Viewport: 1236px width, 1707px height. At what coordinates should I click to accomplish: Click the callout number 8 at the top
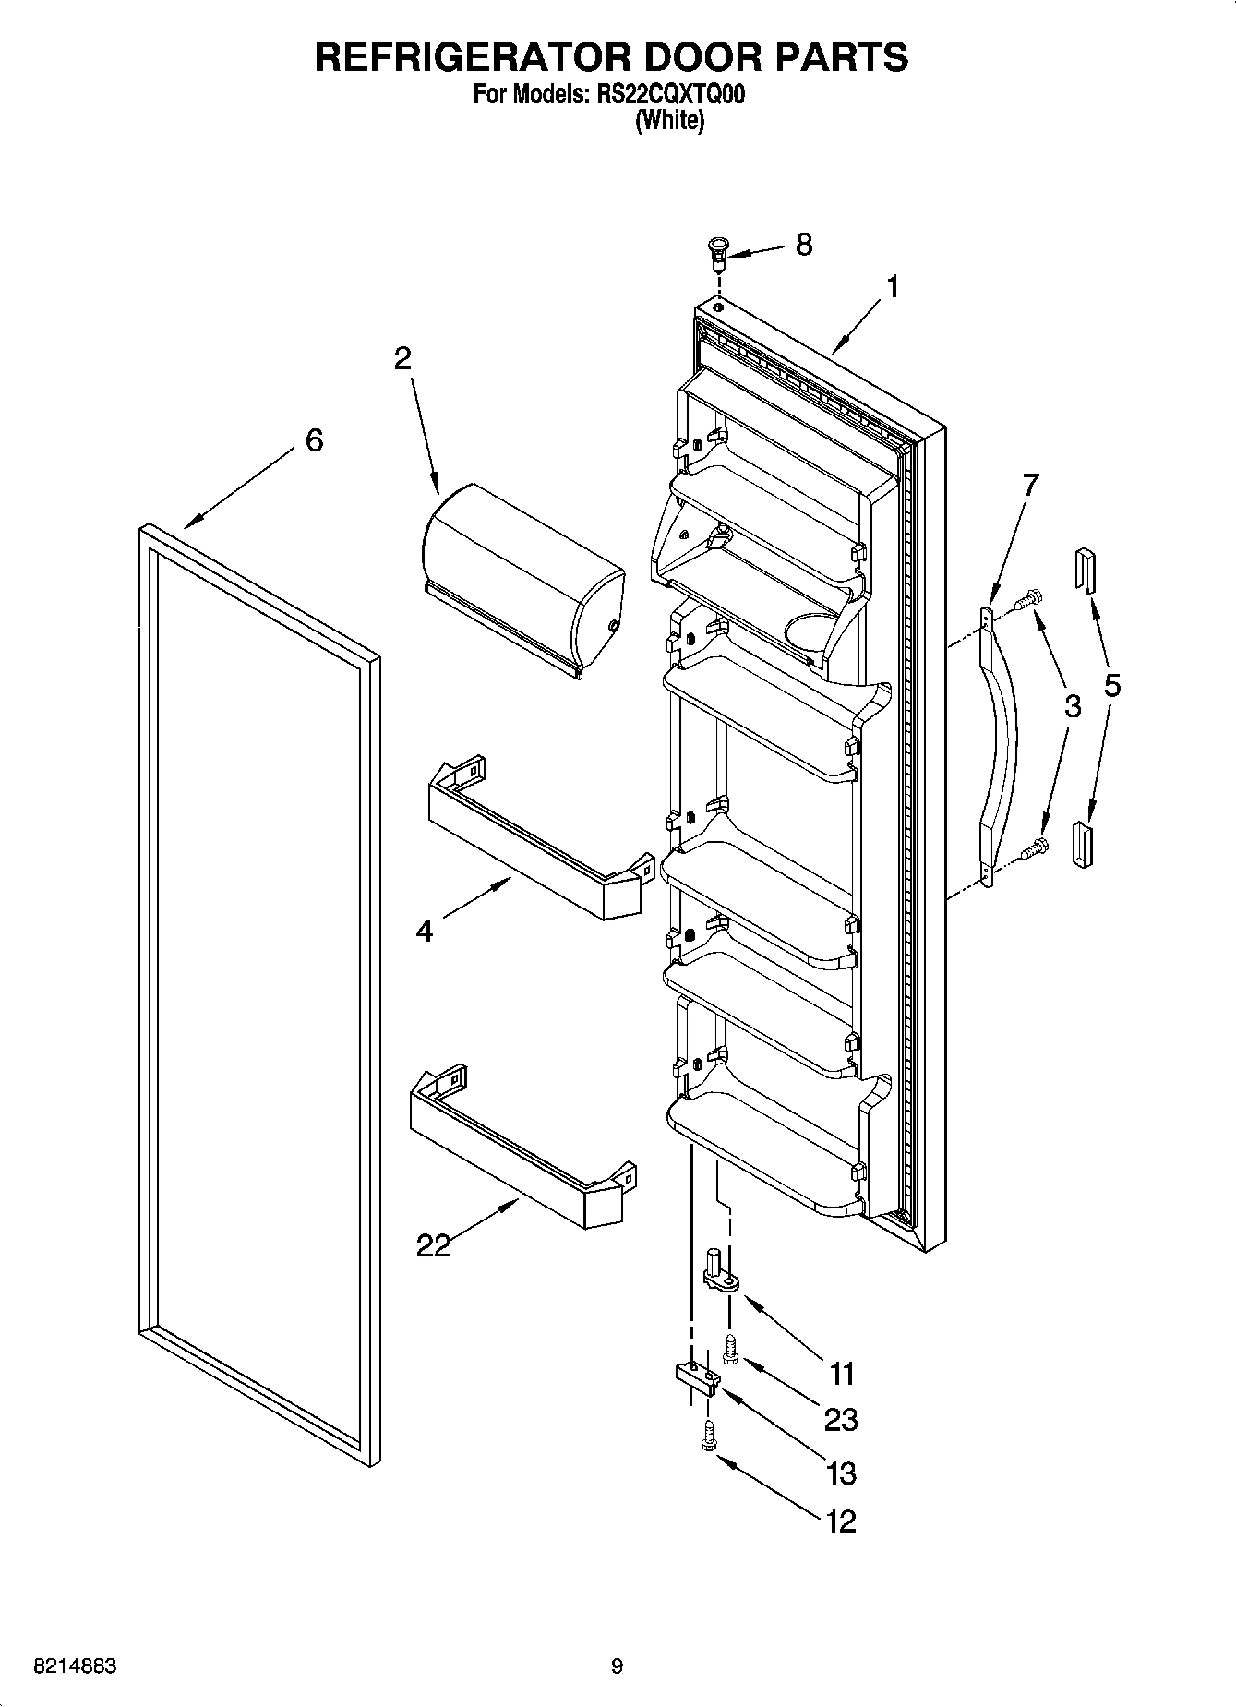tap(804, 245)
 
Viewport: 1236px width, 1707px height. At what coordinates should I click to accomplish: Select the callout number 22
tap(433, 1245)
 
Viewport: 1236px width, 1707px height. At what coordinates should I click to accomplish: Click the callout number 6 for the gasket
tap(314, 441)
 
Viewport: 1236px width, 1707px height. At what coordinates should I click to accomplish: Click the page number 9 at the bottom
tap(617, 1667)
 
